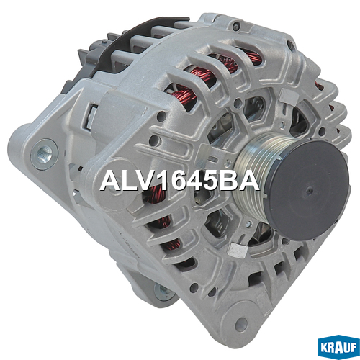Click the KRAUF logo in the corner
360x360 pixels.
[338, 347]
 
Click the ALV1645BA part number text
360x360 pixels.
[179, 180]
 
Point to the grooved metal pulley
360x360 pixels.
[252, 178]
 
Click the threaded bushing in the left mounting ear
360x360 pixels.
[44, 154]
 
